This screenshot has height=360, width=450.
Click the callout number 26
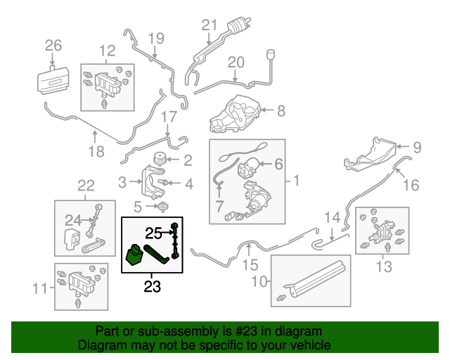53,46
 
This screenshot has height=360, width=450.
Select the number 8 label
281,110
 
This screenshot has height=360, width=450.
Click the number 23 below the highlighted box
153,286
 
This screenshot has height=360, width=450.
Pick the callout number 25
154,231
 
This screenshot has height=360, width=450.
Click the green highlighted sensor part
134,257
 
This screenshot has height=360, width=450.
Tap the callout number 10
259,282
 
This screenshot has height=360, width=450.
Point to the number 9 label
416,148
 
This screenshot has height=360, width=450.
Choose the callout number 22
85,186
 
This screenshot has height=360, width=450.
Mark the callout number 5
138,207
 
